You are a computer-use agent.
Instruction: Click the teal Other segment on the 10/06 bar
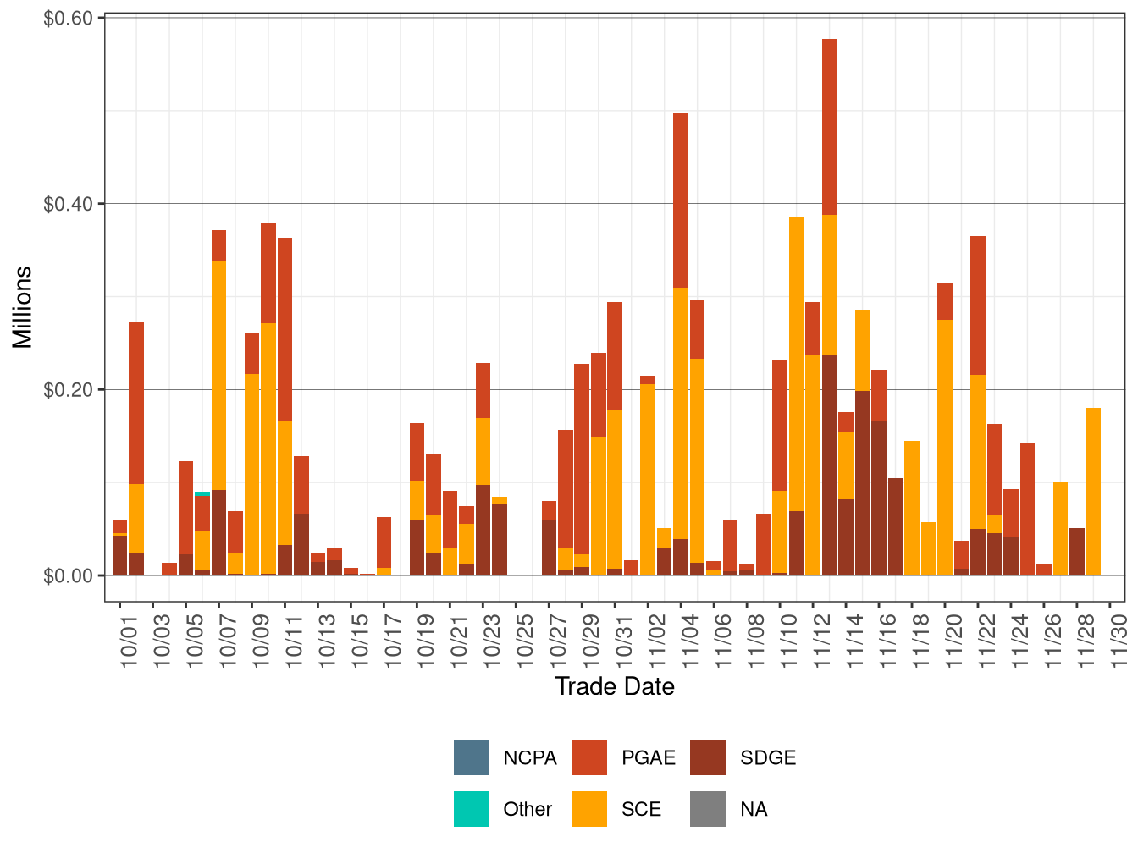click(x=202, y=493)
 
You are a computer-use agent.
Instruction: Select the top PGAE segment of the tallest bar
click(x=829, y=127)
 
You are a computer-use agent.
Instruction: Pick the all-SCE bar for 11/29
click(x=1093, y=491)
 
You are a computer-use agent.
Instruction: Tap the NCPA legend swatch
click(x=472, y=757)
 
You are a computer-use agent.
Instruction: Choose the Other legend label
click(x=527, y=810)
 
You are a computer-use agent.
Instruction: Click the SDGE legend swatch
click(x=708, y=757)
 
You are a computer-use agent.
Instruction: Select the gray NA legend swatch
click(x=708, y=809)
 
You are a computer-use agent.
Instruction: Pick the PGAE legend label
click(x=648, y=758)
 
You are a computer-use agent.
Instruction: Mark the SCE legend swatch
click(x=589, y=809)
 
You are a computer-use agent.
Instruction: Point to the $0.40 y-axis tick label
click(x=69, y=204)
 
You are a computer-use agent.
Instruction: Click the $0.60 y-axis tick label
click(x=69, y=18)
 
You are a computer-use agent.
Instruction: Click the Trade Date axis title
click(x=615, y=686)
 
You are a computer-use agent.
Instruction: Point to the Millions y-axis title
click(x=22, y=306)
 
